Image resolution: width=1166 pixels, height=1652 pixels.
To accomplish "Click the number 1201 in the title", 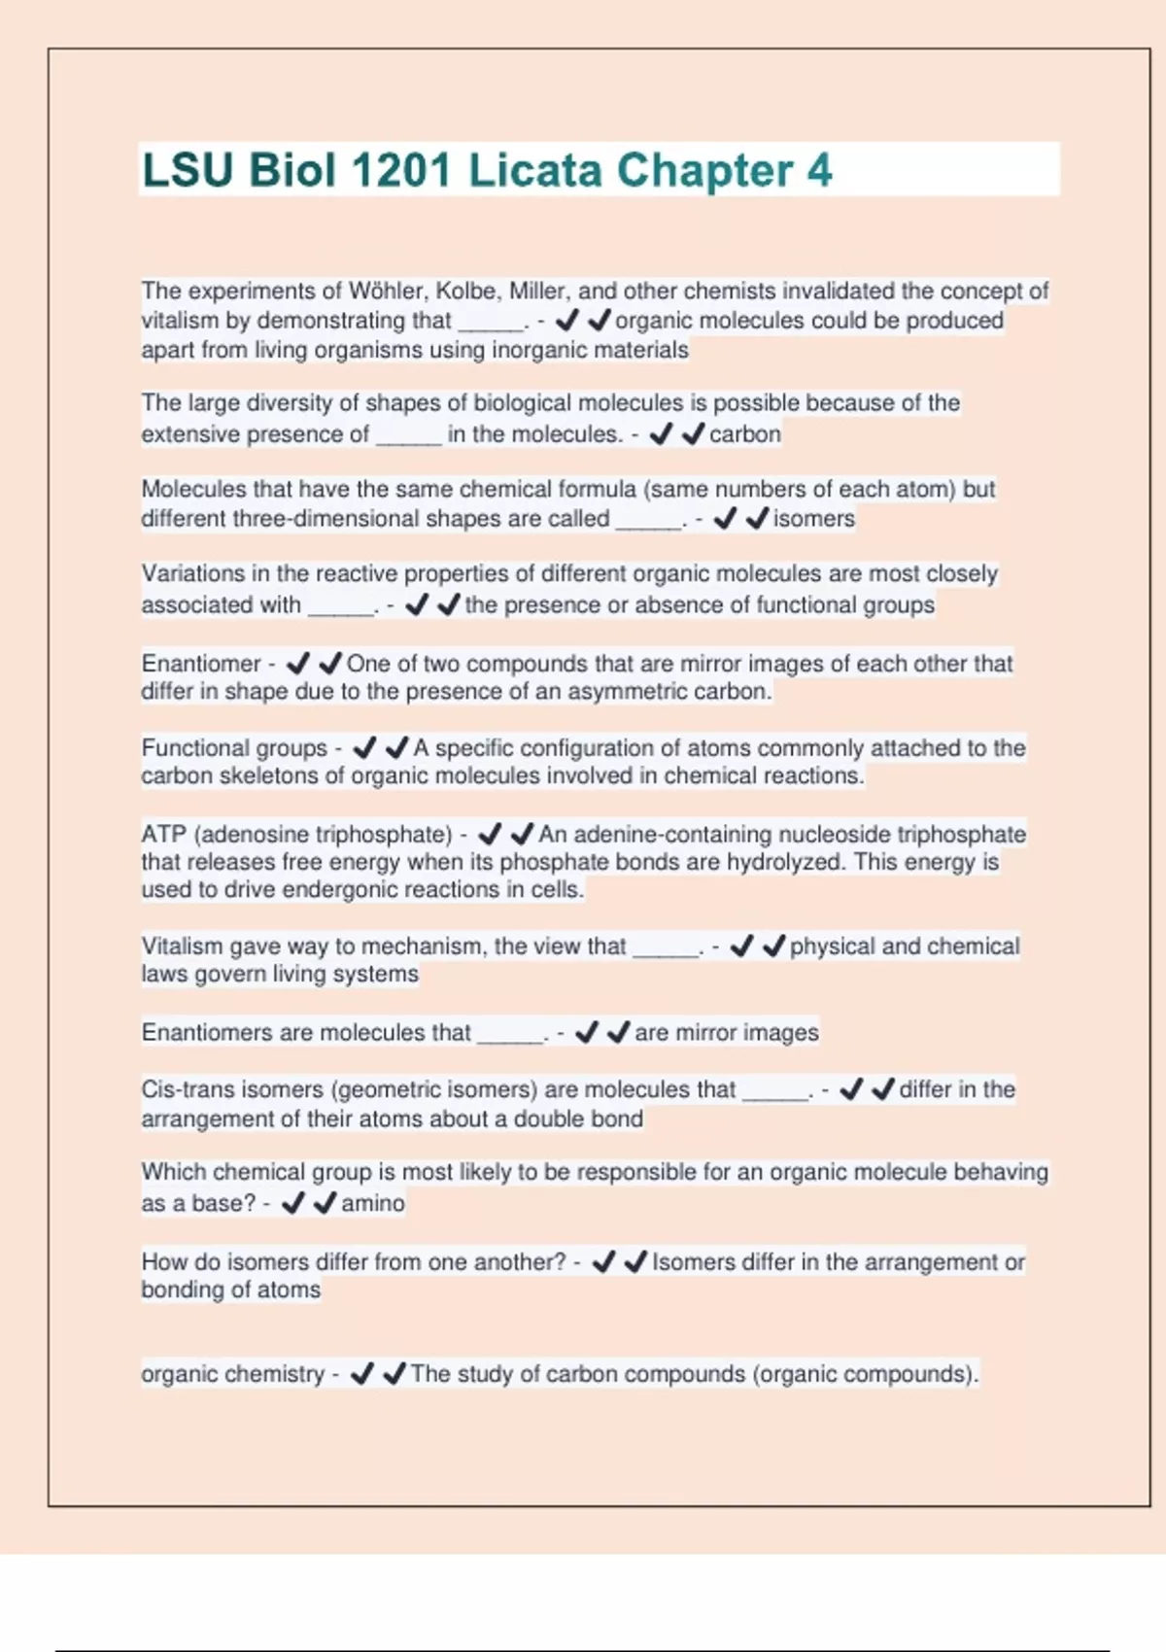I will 401,170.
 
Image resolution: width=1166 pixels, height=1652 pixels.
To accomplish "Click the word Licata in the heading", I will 535,170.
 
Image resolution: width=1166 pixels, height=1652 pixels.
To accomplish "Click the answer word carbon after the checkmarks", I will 745,433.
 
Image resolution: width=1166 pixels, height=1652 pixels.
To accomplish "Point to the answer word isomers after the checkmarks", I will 814,518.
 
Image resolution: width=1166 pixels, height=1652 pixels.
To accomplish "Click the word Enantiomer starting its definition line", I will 201,663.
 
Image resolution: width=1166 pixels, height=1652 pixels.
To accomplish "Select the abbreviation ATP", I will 163,834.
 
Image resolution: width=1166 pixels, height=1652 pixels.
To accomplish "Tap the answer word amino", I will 373,1203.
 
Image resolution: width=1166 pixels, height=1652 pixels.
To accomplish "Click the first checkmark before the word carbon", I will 661,433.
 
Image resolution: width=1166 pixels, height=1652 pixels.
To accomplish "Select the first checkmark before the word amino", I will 292,1203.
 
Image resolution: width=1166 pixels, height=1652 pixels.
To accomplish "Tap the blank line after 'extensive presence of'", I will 409,437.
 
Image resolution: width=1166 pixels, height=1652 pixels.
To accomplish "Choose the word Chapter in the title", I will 704,170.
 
